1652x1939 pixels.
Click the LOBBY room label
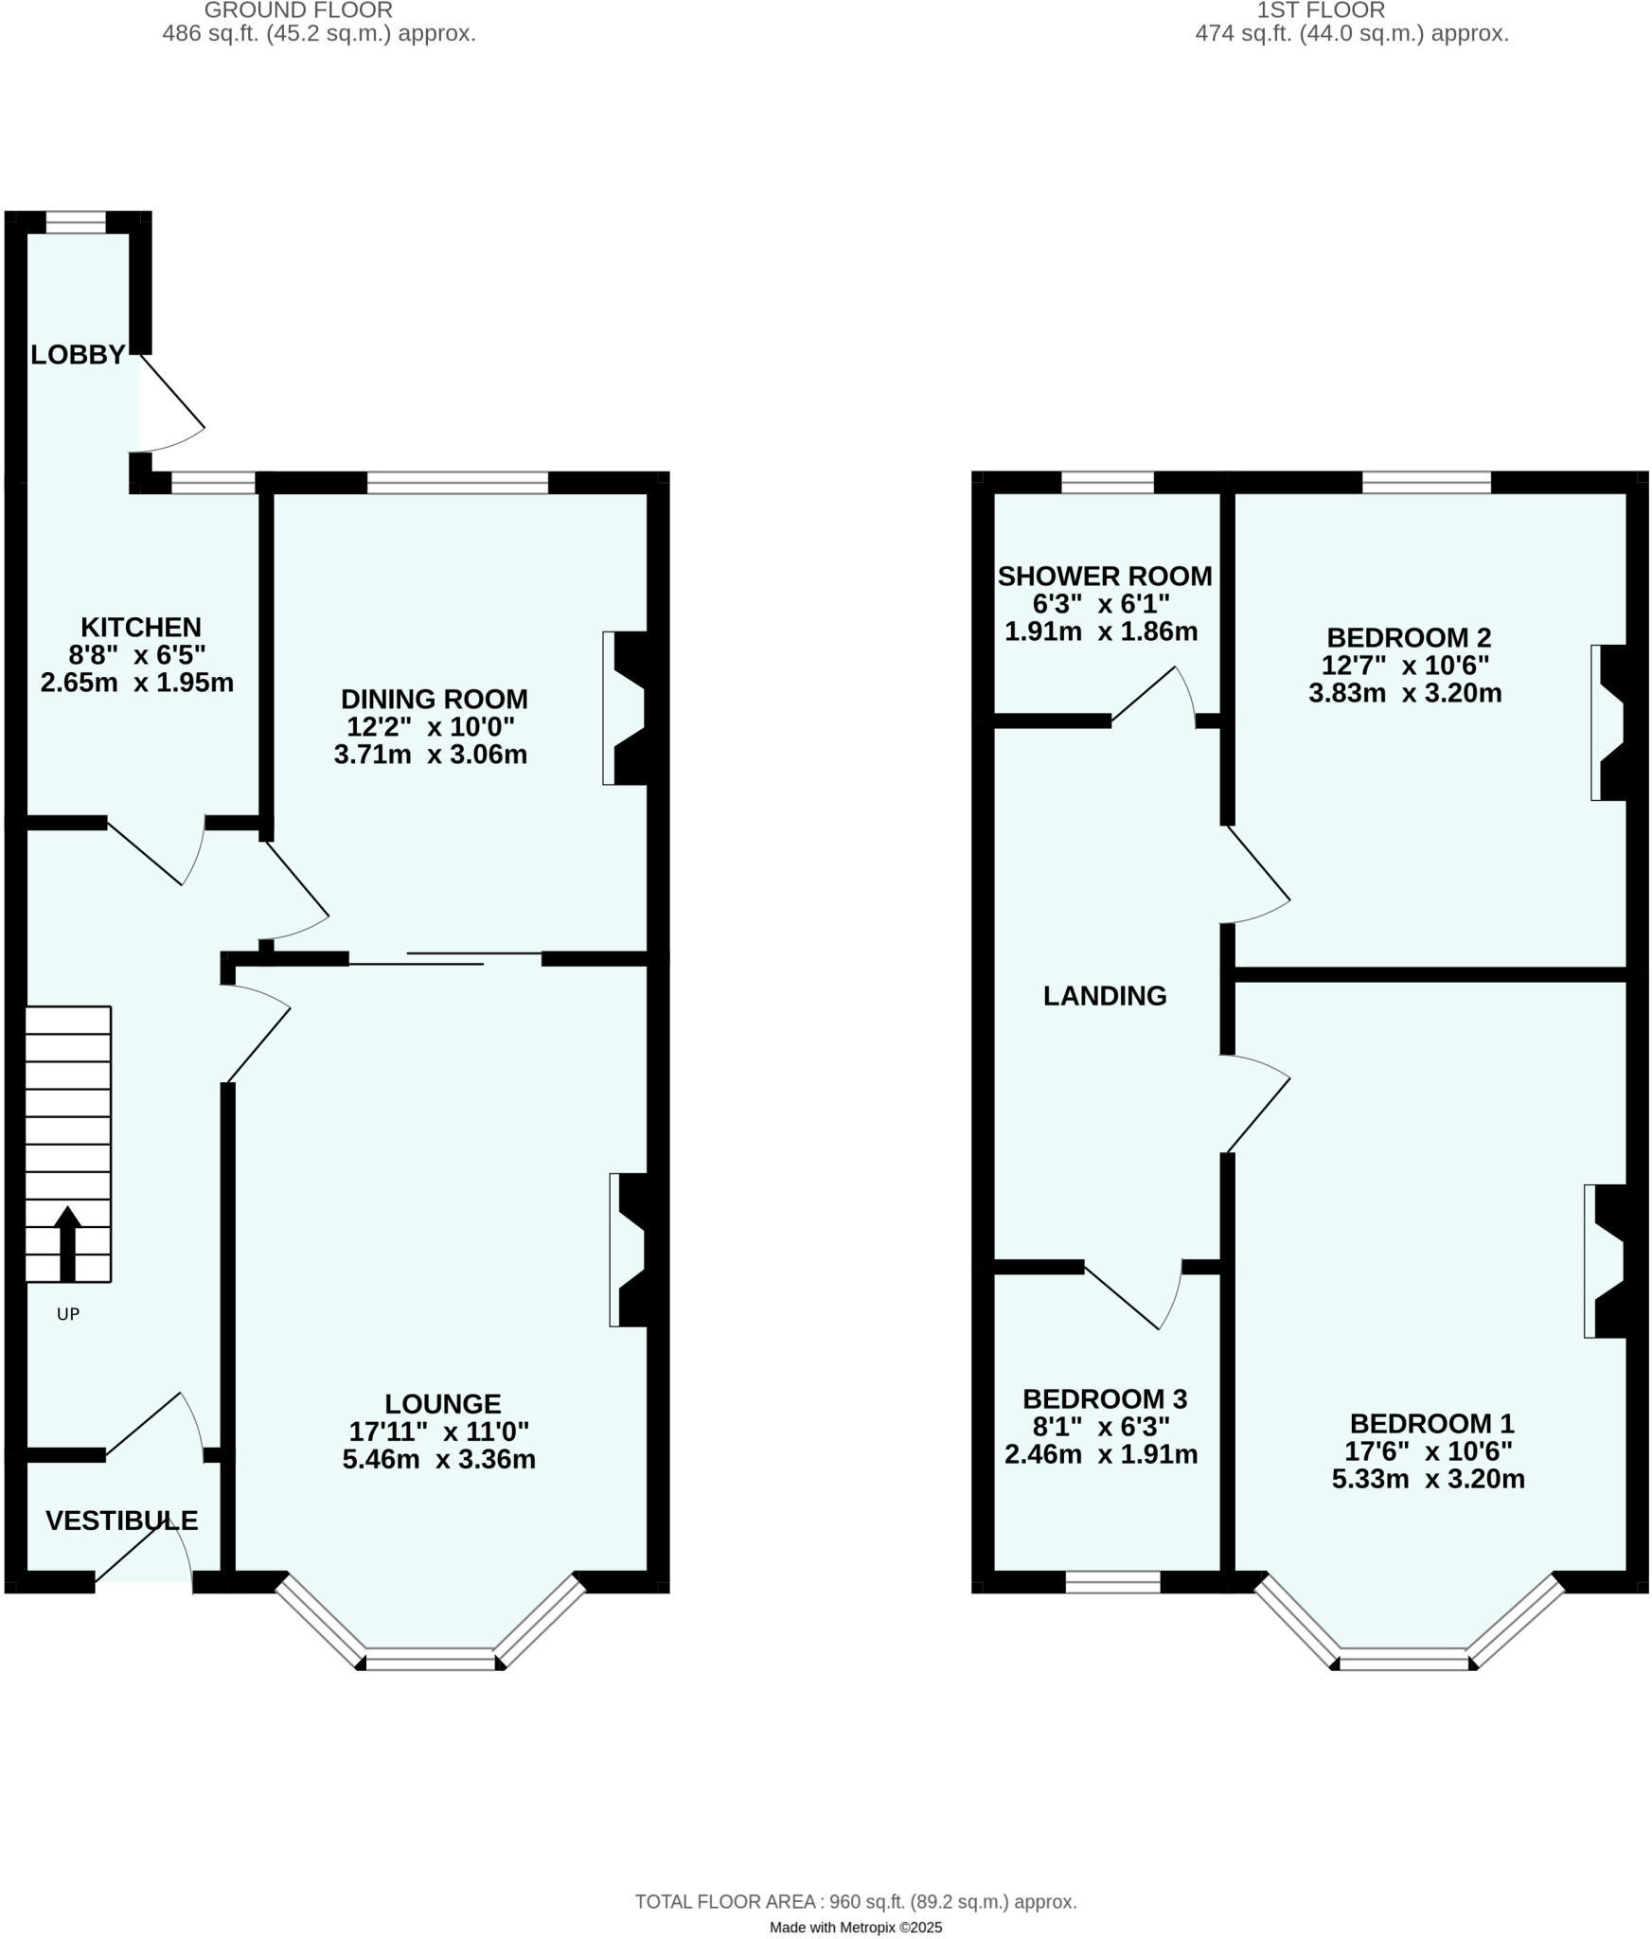coord(78,355)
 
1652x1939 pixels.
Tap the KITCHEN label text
coord(140,627)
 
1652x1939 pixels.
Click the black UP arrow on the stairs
coord(67,1242)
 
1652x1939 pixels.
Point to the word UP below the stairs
coord(68,1314)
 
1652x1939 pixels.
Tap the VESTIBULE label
coord(121,1521)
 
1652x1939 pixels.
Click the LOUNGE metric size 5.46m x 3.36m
coord(438,1459)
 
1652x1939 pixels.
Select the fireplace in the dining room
coord(626,708)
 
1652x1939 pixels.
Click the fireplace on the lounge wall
coord(631,1250)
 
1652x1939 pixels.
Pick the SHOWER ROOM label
coord(1104,576)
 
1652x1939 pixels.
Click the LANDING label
coord(1104,995)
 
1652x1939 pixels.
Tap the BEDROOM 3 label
coord(1104,1398)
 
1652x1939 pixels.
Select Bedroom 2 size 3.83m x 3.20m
coord(1404,693)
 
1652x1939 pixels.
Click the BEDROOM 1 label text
coord(1431,1423)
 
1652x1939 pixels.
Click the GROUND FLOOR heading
coord(298,10)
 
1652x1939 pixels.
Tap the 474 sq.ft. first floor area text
coord(1351,34)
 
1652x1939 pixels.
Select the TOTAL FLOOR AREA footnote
coord(855,1875)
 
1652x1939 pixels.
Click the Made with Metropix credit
coord(855,1901)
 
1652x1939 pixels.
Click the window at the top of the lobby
coord(76,222)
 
